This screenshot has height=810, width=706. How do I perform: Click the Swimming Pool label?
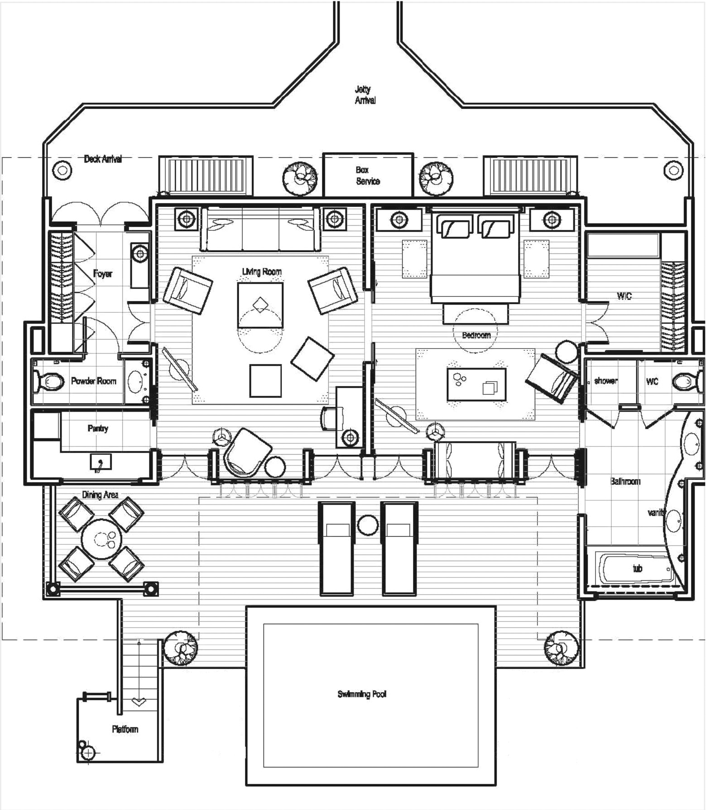(362, 694)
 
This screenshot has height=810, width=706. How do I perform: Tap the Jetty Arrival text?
(365, 95)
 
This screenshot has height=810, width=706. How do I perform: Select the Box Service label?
(368, 176)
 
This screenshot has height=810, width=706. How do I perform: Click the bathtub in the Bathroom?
(636, 568)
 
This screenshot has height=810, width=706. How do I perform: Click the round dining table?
(102, 539)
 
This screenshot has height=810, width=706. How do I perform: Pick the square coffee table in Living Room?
(260, 305)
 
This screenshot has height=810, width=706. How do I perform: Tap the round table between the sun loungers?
(368, 525)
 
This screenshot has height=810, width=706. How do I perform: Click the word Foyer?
(102, 273)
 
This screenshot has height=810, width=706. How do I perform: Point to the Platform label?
(125, 729)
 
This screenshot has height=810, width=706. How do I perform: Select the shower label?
(605, 381)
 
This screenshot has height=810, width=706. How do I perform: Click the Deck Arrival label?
(103, 159)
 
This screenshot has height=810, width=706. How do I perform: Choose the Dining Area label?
(100, 495)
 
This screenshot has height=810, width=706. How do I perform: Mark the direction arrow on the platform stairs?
(139, 702)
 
